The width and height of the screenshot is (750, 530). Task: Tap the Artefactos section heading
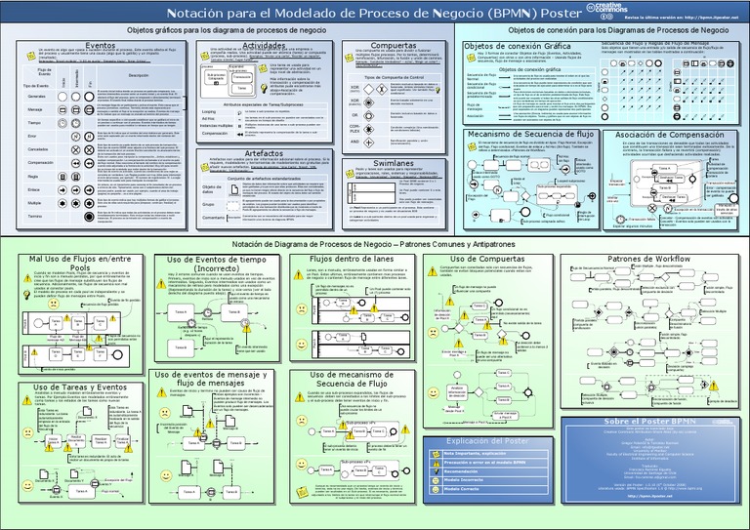tap(263, 153)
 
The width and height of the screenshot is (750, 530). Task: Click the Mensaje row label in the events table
tap(37, 109)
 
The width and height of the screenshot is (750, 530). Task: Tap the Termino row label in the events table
tap(37, 216)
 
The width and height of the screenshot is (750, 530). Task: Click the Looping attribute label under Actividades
tap(209, 112)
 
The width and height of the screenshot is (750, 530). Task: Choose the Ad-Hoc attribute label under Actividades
tap(209, 119)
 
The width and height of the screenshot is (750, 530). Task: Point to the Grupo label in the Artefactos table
tap(211, 205)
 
